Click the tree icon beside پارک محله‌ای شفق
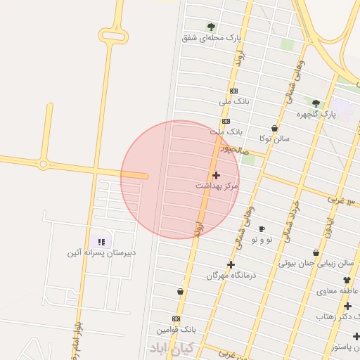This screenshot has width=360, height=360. point(211,27)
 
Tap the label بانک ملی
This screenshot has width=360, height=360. point(234,102)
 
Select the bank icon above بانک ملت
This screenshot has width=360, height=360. point(226,121)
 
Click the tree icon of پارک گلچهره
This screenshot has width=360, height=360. point(316,103)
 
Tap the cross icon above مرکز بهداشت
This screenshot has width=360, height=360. point(215,174)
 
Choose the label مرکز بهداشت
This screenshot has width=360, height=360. point(217,186)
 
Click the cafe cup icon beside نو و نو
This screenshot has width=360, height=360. point(262,229)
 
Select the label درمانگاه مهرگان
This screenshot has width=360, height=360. point(231,276)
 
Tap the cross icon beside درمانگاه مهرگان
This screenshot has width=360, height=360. point(231,264)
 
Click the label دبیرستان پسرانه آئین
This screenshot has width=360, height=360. point(102,252)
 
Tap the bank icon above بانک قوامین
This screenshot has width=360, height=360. point(176,319)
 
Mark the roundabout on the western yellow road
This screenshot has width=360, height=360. point(44,165)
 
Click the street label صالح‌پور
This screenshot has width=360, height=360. point(233,149)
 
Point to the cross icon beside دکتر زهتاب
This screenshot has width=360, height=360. point(347,306)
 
